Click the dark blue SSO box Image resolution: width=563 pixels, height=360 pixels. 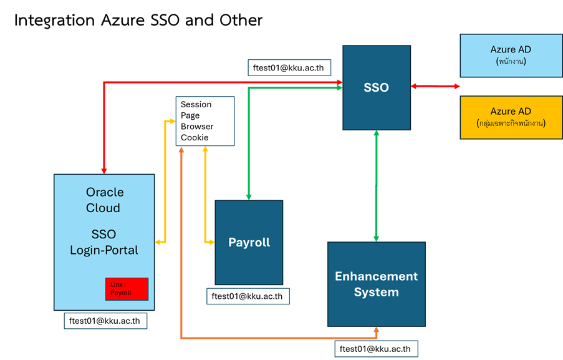click(376, 87)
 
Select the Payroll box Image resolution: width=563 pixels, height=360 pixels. click(249, 242)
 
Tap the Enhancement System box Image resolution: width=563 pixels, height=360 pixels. click(377, 284)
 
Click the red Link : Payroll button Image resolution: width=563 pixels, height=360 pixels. click(127, 289)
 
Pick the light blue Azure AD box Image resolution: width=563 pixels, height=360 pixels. click(511, 55)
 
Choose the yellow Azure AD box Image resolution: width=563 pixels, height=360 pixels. click(511, 117)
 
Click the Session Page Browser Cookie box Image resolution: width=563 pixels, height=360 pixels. click(205, 121)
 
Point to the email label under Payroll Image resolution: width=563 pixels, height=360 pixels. click(248, 296)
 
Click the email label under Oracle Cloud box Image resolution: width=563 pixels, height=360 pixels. click(105, 321)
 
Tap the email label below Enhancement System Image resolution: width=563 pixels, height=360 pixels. click(376, 348)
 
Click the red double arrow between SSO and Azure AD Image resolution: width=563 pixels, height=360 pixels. click(435, 87)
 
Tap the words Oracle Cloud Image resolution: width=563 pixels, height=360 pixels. click(103, 200)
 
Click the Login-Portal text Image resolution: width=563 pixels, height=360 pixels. click(103, 250)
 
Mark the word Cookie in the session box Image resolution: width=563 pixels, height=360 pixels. click(195, 137)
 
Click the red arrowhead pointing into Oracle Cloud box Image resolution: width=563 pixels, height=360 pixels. click(103, 169)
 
